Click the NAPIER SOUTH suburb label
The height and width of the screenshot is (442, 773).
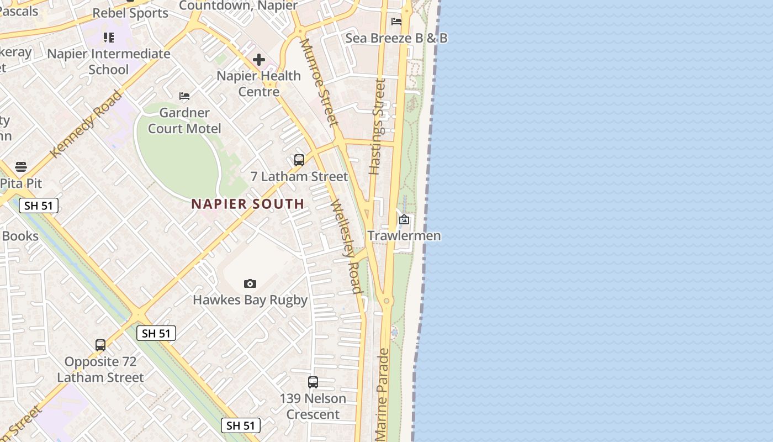[248, 204]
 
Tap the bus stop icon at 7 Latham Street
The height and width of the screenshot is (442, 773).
[299, 160]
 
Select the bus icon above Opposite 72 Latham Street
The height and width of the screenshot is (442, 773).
[100, 345]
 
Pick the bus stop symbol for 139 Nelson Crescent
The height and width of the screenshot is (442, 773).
[313, 382]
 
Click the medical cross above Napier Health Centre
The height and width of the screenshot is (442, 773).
[259, 60]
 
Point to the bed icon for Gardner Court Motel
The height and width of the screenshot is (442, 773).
[184, 97]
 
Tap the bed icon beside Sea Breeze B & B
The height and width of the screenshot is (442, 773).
[396, 22]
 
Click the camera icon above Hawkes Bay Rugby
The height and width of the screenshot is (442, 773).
[250, 283]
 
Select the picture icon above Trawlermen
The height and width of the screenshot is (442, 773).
[404, 219]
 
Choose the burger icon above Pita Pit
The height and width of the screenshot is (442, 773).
[21, 166]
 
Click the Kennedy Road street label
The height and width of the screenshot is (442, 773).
[86, 124]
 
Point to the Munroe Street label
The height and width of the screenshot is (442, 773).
[319, 82]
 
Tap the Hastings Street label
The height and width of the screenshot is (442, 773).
[378, 127]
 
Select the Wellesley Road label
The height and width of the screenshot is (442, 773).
[347, 246]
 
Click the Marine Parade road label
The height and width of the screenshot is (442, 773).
[382, 394]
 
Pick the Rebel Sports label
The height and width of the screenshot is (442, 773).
[130, 13]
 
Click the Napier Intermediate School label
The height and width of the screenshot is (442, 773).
[109, 61]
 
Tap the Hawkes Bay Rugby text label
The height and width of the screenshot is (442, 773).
[250, 300]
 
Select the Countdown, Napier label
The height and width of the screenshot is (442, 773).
[239, 6]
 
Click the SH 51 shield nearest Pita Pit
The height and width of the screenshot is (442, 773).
[39, 206]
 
